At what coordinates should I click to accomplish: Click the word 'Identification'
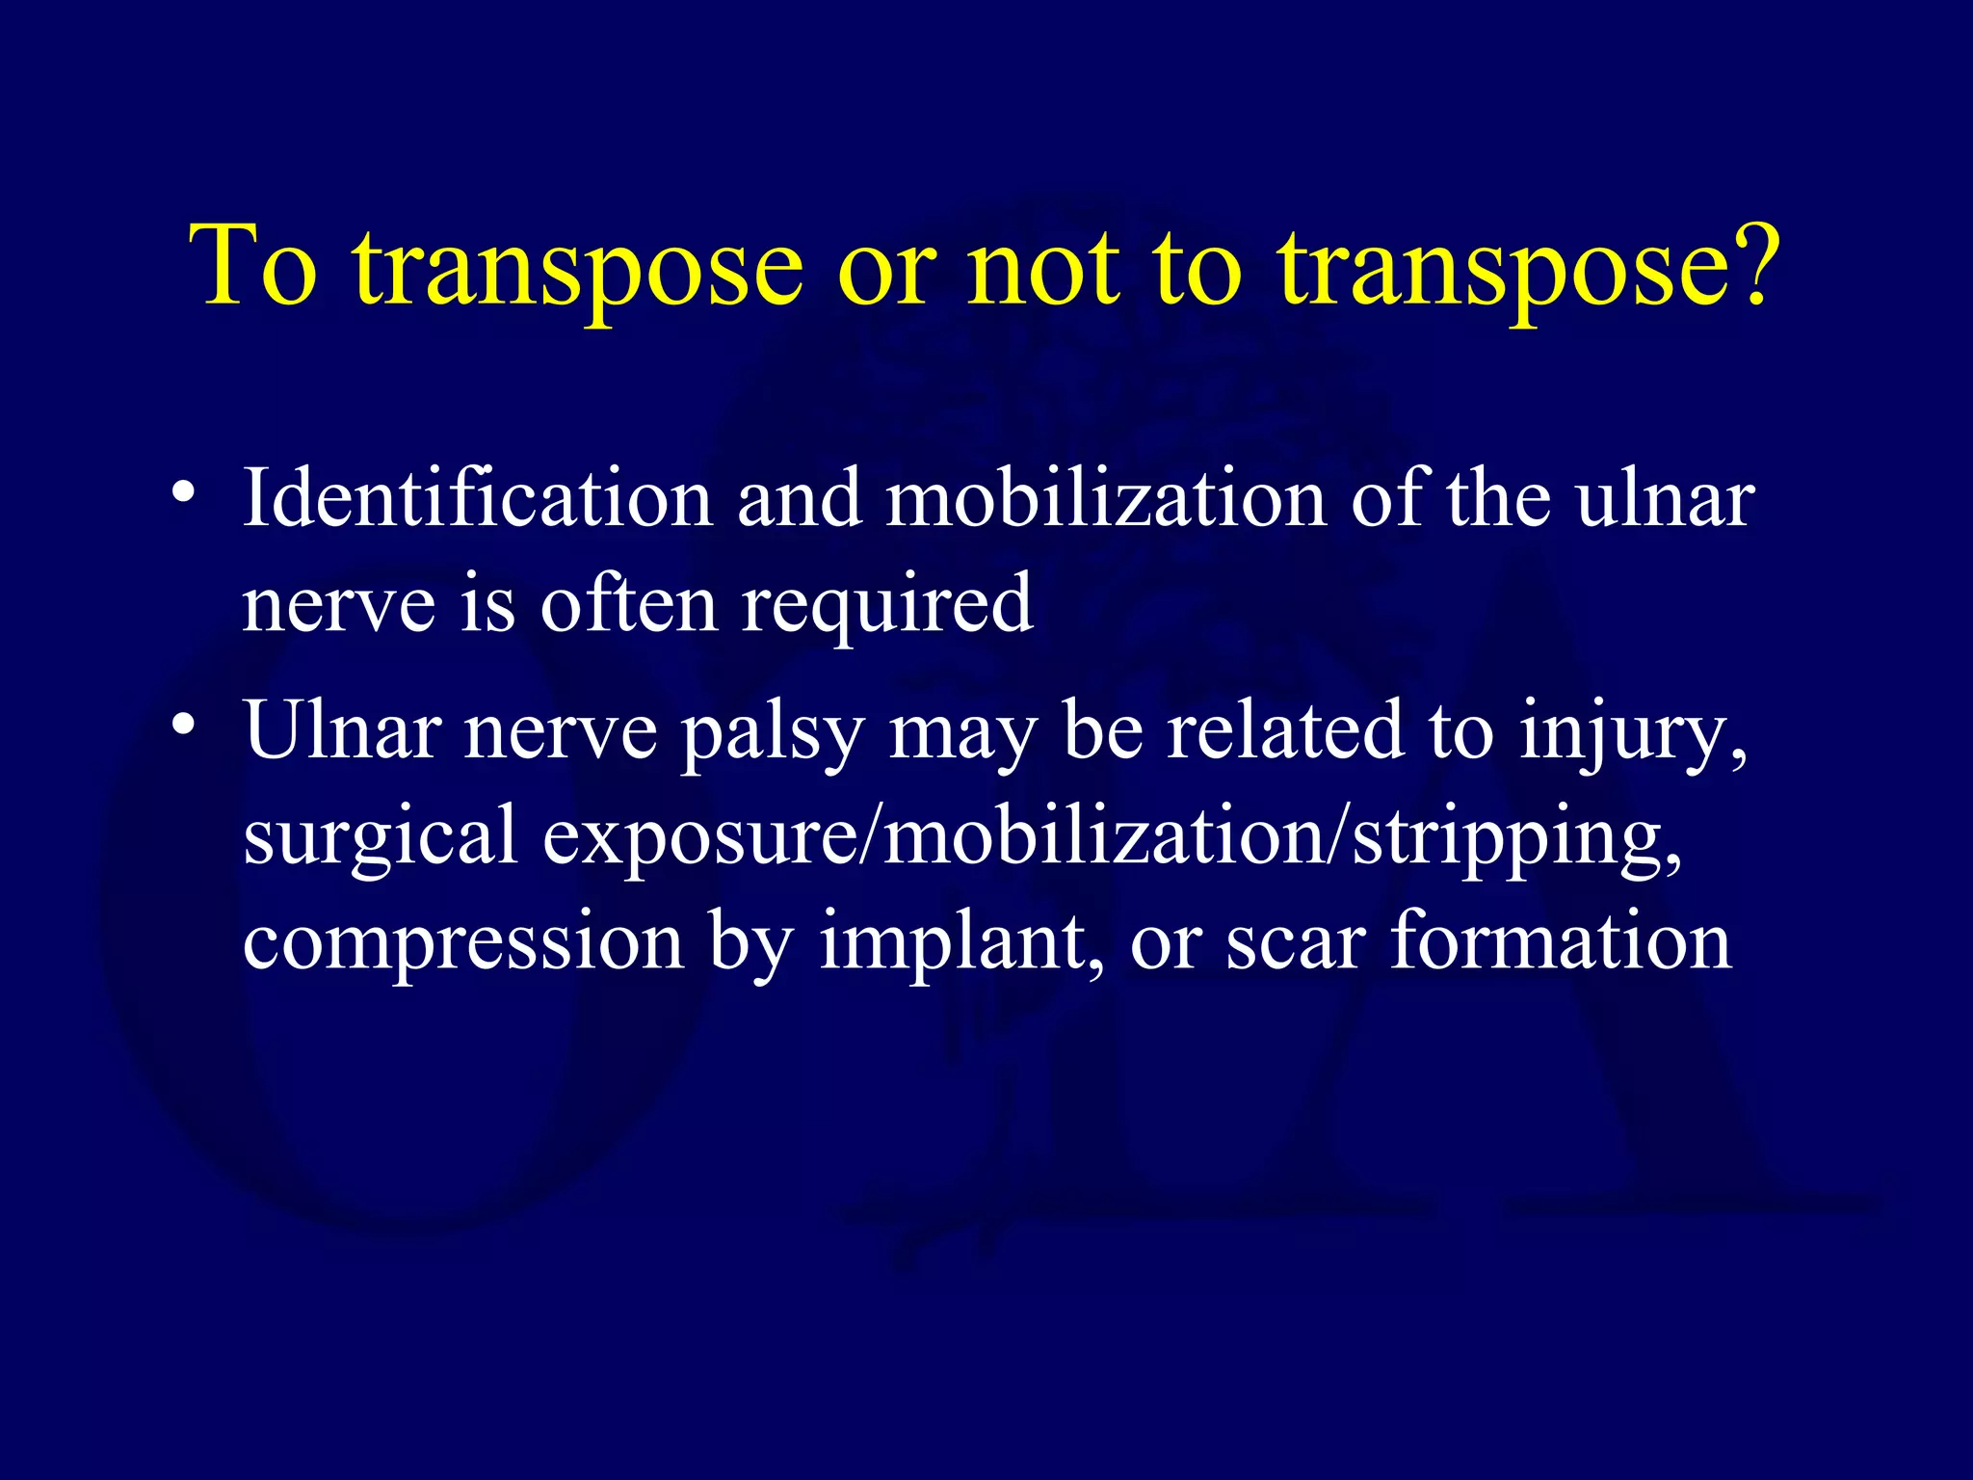[x=477, y=498]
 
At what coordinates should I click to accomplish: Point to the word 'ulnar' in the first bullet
[x=1666, y=498]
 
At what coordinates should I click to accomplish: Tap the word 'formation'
[x=1561, y=940]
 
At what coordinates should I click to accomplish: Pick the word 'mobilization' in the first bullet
[x=1105, y=498]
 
